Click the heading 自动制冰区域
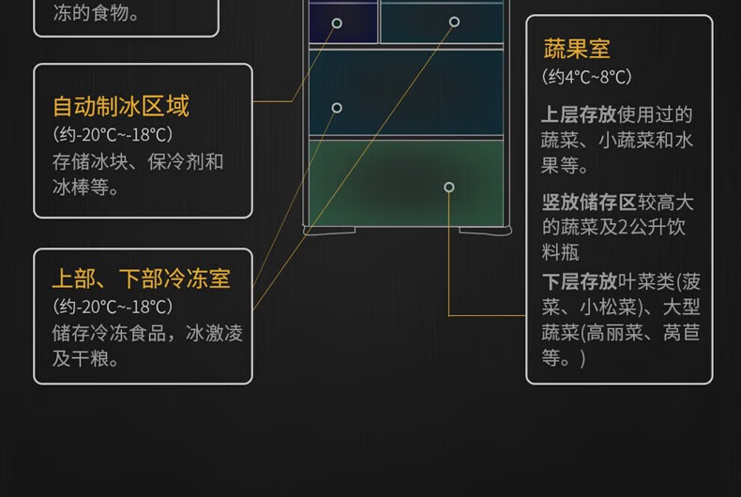pyautogui.click(x=121, y=106)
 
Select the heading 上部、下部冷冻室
pyautogui.click(x=141, y=279)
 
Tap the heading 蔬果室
pyautogui.click(x=577, y=49)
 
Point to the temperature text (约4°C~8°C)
pyautogui.click(x=587, y=77)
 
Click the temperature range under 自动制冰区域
pyautogui.click(x=113, y=134)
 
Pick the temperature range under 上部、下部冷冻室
pyautogui.click(x=113, y=307)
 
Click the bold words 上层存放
pyautogui.click(x=579, y=114)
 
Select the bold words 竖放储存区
pyautogui.click(x=588, y=202)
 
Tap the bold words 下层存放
pyautogui.click(x=579, y=281)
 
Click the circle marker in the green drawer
pyautogui.click(x=449, y=188)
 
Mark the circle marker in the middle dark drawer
pyautogui.click(x=337, y=108)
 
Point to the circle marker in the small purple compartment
pyautogui.click(x=337, y=23)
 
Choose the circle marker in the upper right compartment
pyautogui.click(x=454, y=22)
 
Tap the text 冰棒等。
pyautogui.click(x=86, y=187)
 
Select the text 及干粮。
pyautogui.click(x=86, y=358)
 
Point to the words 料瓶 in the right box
pyautogui.click(x=560, y=252)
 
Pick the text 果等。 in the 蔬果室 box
pyautogui.click(x=565, y=166)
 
